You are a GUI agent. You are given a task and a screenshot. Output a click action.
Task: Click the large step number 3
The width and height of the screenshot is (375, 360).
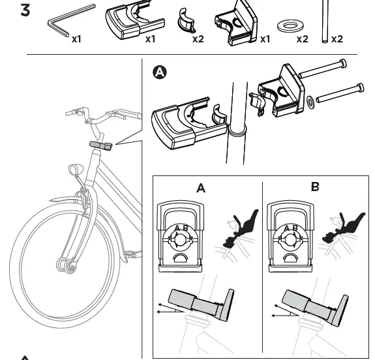[x=25, y=10]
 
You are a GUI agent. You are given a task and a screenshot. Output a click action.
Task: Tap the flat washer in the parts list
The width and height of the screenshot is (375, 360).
[x=291, y=26]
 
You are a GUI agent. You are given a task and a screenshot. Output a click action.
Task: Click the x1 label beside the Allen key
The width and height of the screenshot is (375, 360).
[x=76, y=39]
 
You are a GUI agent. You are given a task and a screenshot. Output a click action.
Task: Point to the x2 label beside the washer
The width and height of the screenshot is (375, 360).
[x=303, y=39]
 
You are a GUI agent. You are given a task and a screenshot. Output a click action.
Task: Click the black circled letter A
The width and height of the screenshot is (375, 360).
[x=160, y=72]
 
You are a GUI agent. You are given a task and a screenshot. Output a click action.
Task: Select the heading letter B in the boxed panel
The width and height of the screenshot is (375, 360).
[x=315, y=187]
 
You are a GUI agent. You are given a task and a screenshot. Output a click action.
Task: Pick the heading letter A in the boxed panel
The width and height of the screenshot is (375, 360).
[x=201, y=188]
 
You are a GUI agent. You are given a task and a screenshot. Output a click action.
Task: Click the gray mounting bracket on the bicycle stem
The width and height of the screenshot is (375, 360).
[x=100, y=145]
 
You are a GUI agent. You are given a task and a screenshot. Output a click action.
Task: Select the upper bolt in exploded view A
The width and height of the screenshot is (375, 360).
[x=322, y=68]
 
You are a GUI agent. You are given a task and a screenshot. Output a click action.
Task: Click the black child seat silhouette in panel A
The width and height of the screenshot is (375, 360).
[x=241, y=228]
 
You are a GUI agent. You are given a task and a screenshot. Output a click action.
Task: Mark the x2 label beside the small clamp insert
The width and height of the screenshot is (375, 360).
[x=198, y=39]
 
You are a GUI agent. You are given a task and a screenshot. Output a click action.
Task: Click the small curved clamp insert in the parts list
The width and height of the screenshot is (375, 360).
[x=186, y=21]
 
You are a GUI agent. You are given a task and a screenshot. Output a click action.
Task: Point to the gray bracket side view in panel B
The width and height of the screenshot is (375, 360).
[x=315, y=308]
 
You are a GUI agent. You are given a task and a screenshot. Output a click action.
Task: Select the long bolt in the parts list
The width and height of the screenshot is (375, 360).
[x=325, y=22]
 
